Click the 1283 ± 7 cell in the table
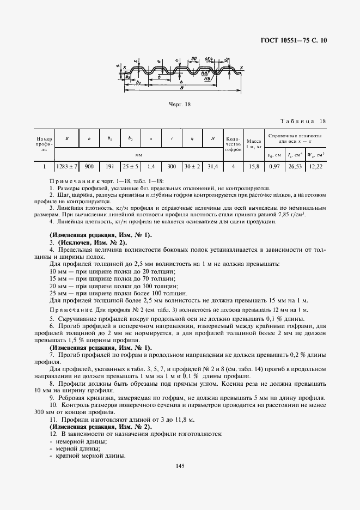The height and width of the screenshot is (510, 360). point(67,166)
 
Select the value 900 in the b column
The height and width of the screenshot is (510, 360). point(89,166)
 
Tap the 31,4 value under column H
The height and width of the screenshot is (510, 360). point(212,166)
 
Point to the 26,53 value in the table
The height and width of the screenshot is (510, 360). point(295,166)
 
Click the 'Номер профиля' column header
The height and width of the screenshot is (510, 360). point(44,143)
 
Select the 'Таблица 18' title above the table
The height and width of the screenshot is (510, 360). point(303,121)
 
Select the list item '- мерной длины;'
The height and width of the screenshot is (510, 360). point(72,448)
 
